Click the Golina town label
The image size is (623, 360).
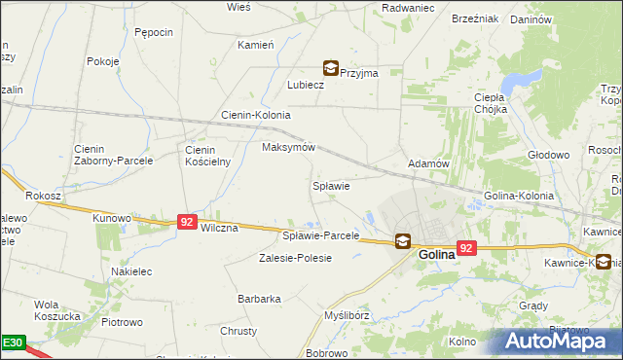[437, 255]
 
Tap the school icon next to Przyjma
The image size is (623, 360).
[332, 69]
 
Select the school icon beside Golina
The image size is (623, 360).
[402, 241]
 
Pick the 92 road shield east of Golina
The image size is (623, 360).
[467, 248]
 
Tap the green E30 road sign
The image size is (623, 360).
[13, 343]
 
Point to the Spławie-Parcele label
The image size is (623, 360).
[320, 236]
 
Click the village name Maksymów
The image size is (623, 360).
[289, 148]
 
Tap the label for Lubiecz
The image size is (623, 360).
[305, 85]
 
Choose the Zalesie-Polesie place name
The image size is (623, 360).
[295, 258]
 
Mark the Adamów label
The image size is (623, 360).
[428, 164]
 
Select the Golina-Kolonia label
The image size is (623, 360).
[519, 196]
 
